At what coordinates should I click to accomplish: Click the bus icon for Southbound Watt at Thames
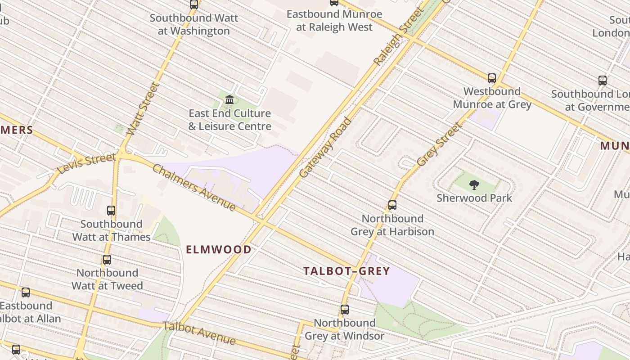(x=111, y=210)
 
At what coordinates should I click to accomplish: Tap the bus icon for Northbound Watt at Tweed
(x=107, y=259)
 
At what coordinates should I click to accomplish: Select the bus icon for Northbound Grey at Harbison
(x=392, y=205)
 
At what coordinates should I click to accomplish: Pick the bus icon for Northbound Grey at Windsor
(x=345, y=310)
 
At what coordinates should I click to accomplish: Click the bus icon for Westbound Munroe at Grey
(x=492, y=78)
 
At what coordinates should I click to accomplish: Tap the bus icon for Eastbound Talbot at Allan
(x=26, y=292)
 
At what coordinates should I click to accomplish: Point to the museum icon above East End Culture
(x=229, y=99)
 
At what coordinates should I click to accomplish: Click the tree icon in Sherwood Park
(x=474, y=184)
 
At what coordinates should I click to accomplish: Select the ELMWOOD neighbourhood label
(x=219, y=249)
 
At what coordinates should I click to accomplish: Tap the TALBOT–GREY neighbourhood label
(x=346, y=271)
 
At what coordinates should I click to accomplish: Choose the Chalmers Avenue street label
(x=194, y=187)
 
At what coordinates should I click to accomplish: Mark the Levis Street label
(x=86, y=164)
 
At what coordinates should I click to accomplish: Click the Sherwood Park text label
(x=474, y=198)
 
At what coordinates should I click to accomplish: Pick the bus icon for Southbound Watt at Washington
(x=194, y=4)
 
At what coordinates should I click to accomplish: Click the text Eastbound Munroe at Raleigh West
(x=334, y=21)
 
